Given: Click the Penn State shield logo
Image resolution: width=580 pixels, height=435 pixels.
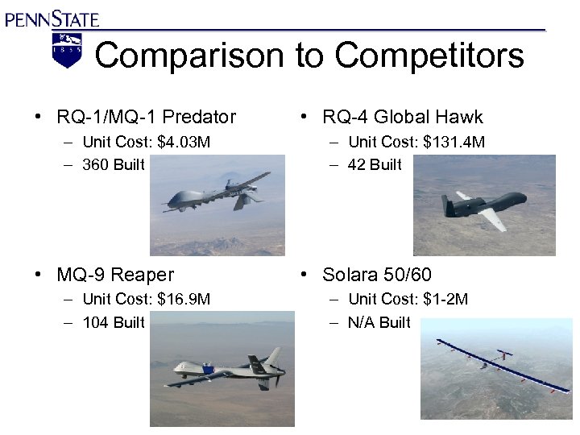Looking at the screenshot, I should [x=67, y=50].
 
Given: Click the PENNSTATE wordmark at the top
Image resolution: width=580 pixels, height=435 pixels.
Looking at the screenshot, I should [x=52, y=17].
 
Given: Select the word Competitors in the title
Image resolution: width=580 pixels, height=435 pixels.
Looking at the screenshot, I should [x=429, y=56].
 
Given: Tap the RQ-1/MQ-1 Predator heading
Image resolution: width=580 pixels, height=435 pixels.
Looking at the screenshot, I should [x=146, y=117].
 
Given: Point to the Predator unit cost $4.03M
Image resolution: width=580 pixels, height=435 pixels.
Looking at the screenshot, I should [x=184, y=143].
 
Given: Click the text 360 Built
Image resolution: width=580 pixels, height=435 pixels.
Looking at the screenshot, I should [x=113, y=165].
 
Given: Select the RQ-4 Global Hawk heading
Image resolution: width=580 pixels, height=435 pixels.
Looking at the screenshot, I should [x=402, y=117].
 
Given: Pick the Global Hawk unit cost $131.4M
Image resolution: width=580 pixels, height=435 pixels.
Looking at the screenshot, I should [x=455, y=143].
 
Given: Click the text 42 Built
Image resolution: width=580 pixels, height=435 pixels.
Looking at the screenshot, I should [x=375, y=165].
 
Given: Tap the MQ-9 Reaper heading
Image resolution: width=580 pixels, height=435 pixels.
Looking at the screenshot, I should [x=115, y=275].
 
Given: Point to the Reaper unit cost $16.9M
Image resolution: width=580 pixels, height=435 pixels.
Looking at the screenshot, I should [x=184, y=300].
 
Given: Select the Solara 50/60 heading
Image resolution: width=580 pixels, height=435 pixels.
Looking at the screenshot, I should [x=376, y=275].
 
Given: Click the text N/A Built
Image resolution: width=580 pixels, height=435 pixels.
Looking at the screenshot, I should [x=379, y=322].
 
